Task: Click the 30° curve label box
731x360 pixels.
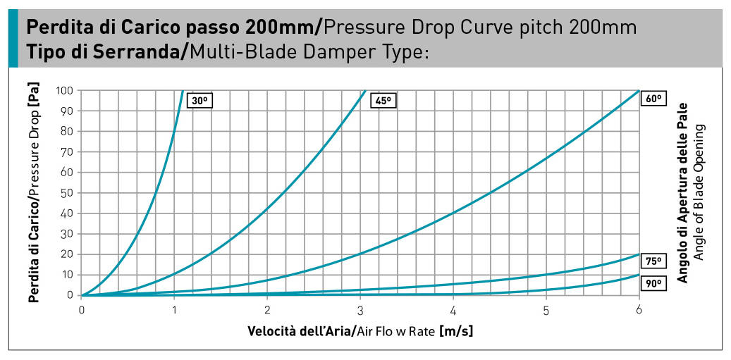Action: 199,101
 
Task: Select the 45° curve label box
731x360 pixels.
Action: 383,101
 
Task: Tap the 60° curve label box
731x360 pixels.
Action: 653,99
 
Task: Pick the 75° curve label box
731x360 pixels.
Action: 653,261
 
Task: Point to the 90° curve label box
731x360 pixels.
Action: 653,283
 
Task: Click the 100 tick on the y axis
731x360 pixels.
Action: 65,91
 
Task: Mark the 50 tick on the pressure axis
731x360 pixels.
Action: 68,193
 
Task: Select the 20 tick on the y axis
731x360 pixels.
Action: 68,254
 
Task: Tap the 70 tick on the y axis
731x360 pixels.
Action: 68,152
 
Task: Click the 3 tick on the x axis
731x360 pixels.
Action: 360,310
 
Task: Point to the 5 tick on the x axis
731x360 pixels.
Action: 546,310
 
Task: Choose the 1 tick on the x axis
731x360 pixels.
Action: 175,310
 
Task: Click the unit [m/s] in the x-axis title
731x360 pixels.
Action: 455,330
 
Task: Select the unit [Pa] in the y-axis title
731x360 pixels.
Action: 33,99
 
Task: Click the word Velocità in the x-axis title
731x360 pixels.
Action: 273,330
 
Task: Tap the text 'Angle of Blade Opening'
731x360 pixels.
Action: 699,193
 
